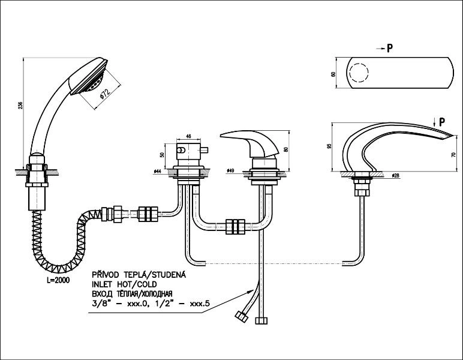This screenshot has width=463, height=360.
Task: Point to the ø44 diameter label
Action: [x=157, y=172]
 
